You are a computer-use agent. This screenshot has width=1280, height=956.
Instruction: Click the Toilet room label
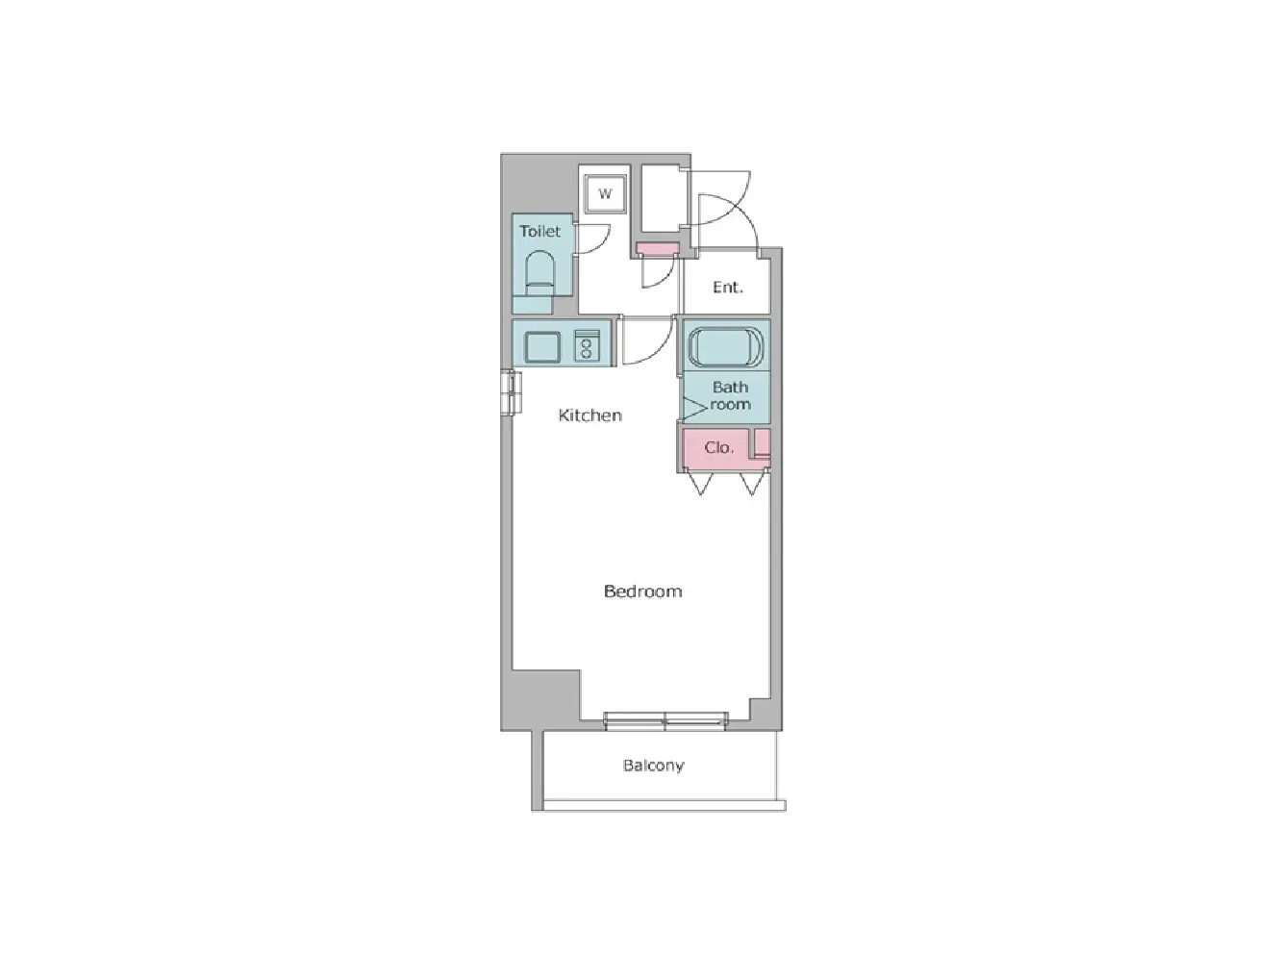click(540, 232)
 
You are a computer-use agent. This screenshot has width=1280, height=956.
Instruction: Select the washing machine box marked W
click(605, 193)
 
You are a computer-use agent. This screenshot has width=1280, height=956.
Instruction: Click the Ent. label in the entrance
click(728, 287)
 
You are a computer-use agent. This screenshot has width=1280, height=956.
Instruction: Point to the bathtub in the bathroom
click(725, 346)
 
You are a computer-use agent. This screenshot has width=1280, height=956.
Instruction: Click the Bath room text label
click(730, 396)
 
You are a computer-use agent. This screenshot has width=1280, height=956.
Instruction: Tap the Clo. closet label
click(718, 447)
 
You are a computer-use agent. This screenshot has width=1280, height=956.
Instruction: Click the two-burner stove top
click(586, 346)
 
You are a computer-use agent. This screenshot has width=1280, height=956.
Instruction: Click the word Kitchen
click(590, 415)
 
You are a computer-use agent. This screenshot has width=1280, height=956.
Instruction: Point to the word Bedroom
click(642, 591)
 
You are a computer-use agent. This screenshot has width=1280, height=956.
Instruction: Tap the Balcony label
click(653, 765)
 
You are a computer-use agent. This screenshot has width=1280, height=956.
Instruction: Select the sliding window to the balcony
click(665, 721)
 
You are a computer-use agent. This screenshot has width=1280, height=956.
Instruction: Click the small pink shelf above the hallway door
click(657, 249)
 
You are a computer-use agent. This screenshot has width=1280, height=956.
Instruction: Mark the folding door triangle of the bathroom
click(693, 408)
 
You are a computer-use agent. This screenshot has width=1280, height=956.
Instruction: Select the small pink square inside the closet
click(763, 442)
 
